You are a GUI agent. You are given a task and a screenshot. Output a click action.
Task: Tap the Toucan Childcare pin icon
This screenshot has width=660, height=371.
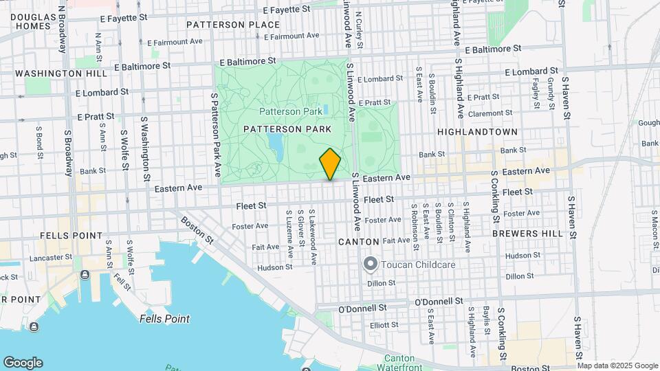371,264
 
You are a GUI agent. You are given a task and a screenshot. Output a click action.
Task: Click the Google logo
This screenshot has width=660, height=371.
23,363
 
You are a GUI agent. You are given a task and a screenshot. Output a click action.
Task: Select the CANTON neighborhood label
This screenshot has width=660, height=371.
358,242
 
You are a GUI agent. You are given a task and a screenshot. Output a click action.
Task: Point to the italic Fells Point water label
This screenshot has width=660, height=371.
164,319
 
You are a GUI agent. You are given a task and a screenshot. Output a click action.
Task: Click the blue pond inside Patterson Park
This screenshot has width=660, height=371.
276,144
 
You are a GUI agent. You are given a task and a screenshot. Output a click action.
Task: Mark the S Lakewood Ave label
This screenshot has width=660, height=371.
313,237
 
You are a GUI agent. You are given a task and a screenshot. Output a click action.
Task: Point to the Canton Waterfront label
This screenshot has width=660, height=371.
399,363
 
